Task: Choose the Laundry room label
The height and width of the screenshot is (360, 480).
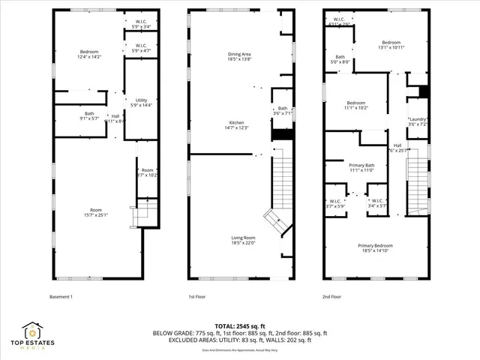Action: point(418,121)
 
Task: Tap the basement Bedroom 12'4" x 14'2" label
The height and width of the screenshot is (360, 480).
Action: point(90,54)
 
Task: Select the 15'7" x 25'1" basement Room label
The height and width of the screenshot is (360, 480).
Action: point(96,212)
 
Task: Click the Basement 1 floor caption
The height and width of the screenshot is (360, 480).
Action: point(61,296)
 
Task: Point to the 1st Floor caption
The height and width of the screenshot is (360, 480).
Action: point(196,296)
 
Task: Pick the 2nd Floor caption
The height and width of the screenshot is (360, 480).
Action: point(331,296)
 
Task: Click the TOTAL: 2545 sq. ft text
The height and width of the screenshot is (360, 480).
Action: point(240,325)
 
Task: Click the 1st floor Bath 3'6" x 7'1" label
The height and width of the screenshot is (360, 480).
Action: point(283,111)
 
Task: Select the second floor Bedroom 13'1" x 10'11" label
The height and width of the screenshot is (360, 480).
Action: point(392,45)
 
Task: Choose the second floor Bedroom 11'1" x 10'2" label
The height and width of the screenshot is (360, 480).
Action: point(356,105)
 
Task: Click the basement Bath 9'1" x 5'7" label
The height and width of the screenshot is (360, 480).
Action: point(89,116)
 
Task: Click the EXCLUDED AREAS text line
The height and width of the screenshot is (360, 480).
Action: point(240,340)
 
